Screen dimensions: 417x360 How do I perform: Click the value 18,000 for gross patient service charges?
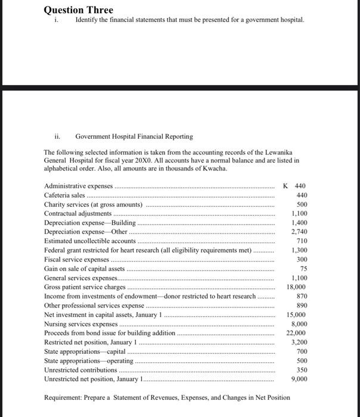point(296,287)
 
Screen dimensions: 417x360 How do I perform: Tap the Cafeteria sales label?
point(65,195)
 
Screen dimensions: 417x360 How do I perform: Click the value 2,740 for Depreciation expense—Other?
point(298,231)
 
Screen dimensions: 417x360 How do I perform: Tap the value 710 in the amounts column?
point(301,241)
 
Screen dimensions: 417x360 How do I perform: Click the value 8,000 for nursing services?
point(298,323)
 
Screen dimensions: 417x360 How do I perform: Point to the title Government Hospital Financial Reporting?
point(134,136)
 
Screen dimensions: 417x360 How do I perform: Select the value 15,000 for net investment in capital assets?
point(296,314)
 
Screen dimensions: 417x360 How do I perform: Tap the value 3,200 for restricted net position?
point(298,342)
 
